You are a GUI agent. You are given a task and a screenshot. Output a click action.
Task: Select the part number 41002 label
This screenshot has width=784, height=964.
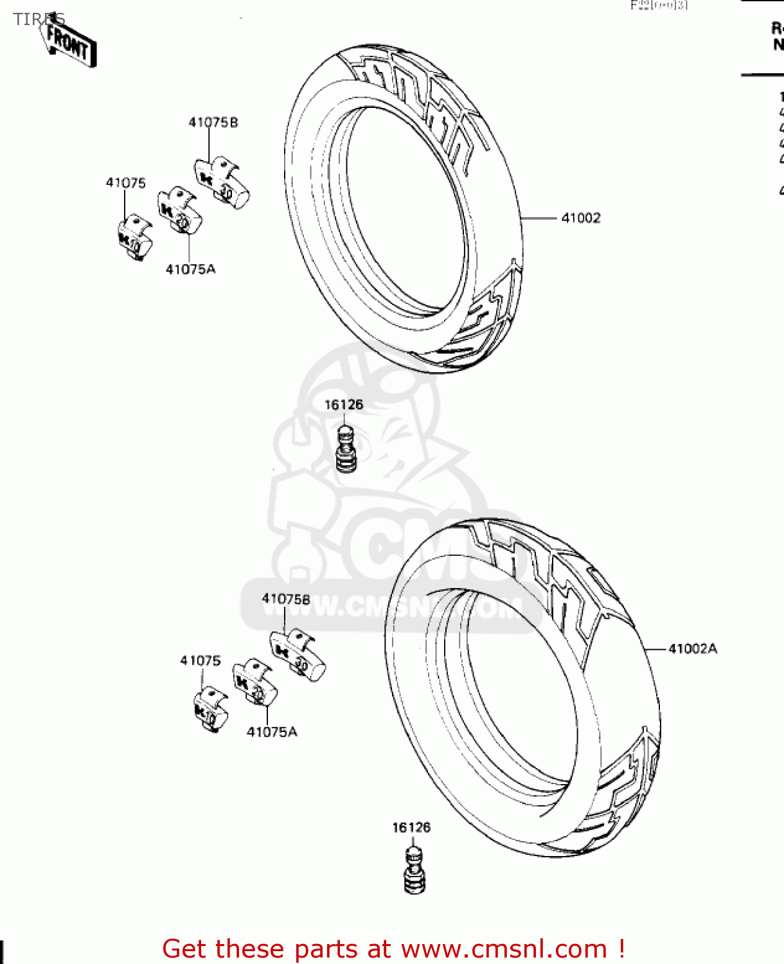click(581, 218)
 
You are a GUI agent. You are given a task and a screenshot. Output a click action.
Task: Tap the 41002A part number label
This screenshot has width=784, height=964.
click(692, 648)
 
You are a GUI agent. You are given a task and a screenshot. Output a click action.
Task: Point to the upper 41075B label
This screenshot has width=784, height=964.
click(213, 122)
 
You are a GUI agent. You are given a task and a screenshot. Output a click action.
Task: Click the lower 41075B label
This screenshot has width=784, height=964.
click(286, 599)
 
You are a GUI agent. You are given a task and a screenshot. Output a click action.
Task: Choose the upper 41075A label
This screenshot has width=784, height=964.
click(191, 269)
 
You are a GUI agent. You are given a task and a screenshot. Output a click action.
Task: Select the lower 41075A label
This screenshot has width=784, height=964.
click(272, 732)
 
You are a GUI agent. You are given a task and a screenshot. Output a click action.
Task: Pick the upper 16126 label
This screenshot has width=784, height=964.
click(344, 405)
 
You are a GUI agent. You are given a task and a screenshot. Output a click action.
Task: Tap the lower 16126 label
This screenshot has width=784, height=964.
click(411, 828)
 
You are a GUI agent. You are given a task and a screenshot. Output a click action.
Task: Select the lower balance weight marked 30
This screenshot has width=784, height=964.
click(298, 655)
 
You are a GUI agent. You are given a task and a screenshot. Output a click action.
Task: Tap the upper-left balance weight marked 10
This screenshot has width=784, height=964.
click(135, 238)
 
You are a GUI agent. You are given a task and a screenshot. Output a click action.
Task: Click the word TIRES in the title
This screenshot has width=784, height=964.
click(39, 19)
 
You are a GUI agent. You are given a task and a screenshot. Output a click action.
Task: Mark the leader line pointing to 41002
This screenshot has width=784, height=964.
click(539, 219)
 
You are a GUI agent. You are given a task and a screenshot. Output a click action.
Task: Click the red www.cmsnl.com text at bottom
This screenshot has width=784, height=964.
click(504, 949)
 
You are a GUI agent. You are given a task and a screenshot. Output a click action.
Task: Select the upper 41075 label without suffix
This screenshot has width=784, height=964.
click(125, 183)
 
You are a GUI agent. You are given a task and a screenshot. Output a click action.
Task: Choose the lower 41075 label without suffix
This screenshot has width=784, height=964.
click(200, 661)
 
